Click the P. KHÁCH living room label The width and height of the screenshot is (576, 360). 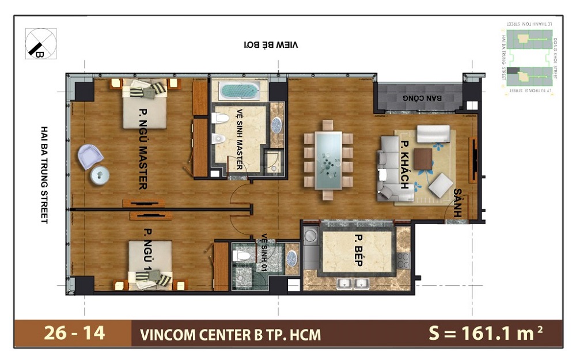tap(405, 165)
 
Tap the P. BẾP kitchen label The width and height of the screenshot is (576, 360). tap(358, 251)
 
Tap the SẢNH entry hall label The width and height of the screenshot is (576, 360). tap(458, 202)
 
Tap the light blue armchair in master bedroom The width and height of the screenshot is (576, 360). tap(90, 156)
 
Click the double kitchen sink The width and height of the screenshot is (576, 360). tap(354, 283)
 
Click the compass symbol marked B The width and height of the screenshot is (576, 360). tap(41, 43)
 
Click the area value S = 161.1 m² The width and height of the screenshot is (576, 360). tap(486, 333)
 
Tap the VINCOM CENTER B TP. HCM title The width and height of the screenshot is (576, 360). tap(230, 334)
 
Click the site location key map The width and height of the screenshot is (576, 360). tap(527, 58)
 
